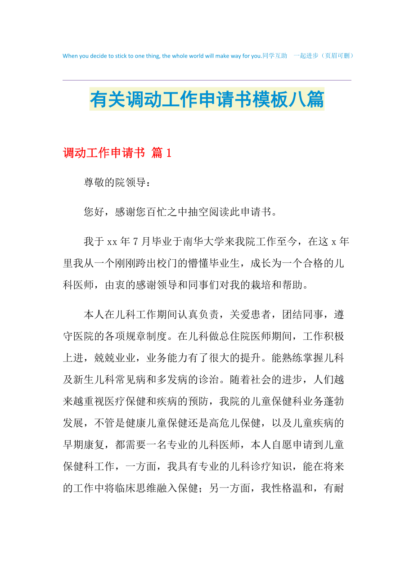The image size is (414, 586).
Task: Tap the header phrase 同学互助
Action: pyautogui.click(x=275, y=56)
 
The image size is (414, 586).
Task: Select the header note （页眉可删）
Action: pyautogui.click(x=337, y=56)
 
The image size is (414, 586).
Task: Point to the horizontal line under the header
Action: pyautogui.click(x=207, y=80)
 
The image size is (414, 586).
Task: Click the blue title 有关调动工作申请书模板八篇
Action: pyautogui.click(x=207, y=100)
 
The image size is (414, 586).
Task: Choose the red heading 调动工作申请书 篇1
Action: pyautogui.click(x=117, y=153)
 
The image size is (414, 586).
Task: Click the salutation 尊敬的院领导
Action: pyautogui.click(x=115, y=183)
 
